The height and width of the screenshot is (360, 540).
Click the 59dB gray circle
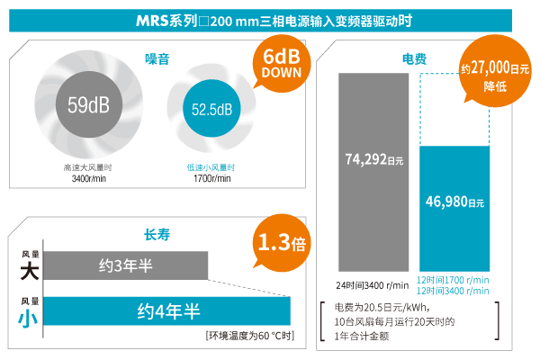(x=88, y=105)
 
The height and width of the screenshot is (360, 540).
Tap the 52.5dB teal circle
(x=211, y=110)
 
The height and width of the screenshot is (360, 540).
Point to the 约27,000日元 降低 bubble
(x=490, y=74)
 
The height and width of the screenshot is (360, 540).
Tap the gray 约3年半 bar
(x=126, y=265)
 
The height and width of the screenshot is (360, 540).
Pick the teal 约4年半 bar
(x=167, y=310)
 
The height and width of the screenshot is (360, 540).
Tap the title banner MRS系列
(x=269, y=19)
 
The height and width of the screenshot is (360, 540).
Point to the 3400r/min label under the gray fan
(x=87, y=178)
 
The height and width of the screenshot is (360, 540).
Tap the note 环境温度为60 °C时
(x=249, y=336)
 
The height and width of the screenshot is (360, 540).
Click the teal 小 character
(x=30, y=317)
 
